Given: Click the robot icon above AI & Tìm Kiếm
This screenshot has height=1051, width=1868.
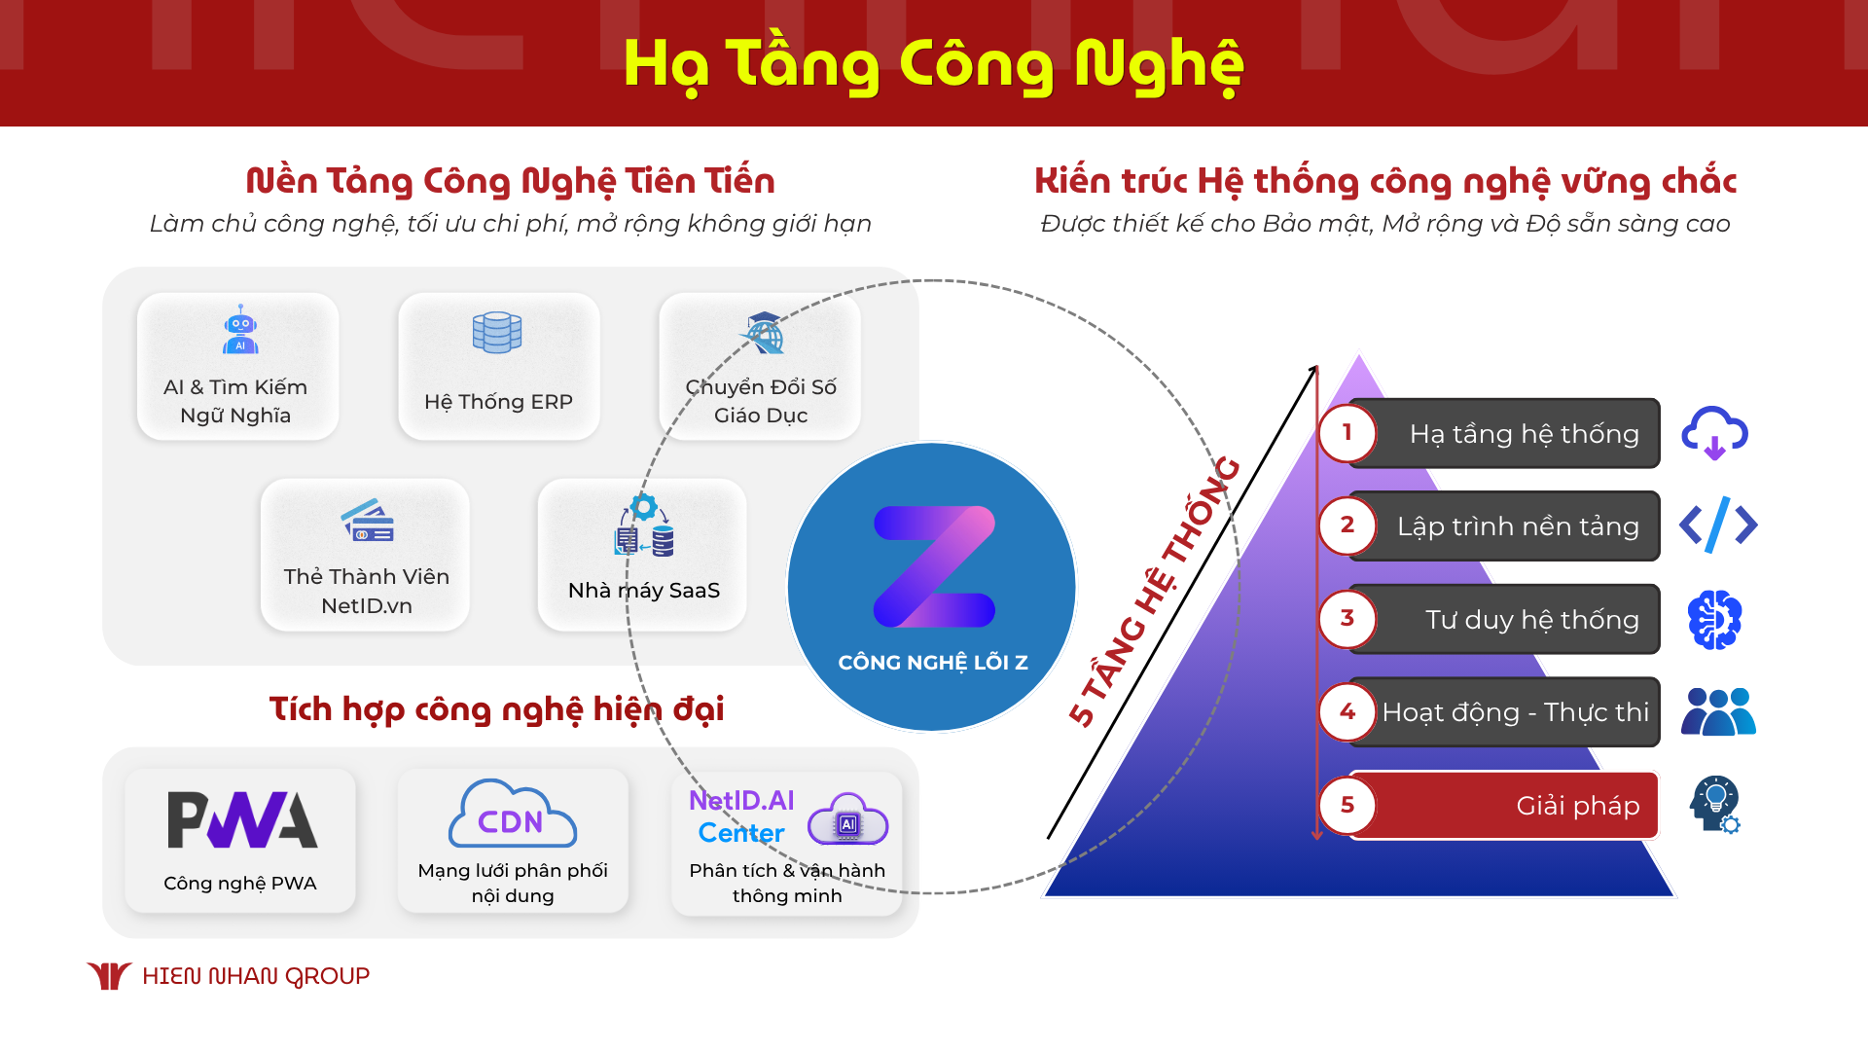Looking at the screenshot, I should point(240,331).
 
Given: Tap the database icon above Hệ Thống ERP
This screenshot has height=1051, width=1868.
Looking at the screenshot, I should point(497,333).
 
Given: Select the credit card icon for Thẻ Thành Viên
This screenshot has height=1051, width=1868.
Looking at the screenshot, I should point(368,522).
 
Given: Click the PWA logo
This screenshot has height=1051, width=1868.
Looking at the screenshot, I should point(242,819).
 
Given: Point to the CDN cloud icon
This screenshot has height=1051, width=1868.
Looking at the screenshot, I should point(512,815).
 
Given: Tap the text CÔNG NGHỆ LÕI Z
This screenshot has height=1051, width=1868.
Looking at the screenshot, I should point(933,663).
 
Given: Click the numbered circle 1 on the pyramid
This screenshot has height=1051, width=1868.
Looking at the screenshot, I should point(1347,433).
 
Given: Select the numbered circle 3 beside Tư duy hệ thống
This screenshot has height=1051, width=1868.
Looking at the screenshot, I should point(1347,619).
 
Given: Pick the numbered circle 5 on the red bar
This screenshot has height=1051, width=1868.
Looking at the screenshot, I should point(1347,805).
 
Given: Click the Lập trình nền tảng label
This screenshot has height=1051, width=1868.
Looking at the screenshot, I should point(1518,526).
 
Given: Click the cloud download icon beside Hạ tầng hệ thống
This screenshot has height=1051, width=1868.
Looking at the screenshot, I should point(1714,433).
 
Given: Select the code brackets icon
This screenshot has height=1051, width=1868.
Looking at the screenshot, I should point(1718,525).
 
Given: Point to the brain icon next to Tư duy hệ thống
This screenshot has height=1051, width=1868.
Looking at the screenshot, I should point(1714,619).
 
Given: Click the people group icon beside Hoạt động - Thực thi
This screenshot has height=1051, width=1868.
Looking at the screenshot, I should point(1718,712).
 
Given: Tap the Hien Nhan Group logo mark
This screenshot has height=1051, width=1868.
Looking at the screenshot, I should point(109,975).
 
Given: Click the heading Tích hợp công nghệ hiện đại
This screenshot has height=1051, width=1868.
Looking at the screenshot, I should point(496,709).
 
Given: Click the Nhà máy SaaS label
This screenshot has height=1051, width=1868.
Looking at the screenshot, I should point(643,591).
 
